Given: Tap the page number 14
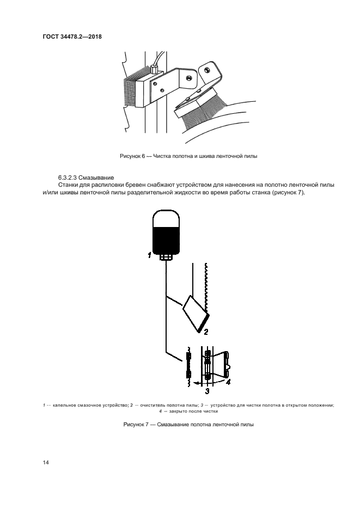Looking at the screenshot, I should click(46, 463).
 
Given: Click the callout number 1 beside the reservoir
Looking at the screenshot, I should click(149, 254).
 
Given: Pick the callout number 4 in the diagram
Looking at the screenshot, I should click(228, 382).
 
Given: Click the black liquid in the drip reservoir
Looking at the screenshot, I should click(167, 237).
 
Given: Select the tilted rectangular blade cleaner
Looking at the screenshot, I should click(194, 314).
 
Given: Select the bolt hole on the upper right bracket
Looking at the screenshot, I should click(208, 69).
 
